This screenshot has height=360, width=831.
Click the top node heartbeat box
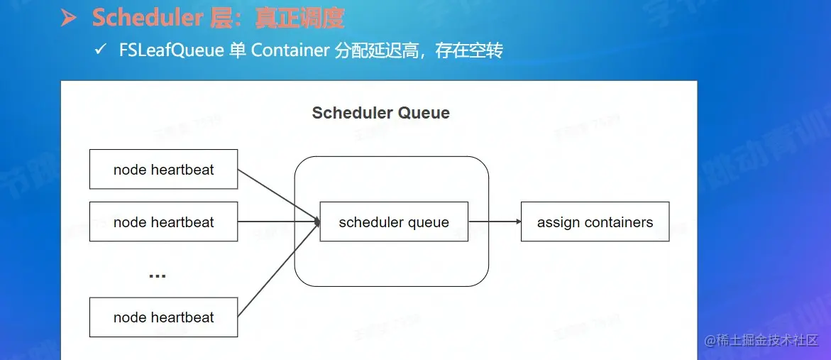(163, 169)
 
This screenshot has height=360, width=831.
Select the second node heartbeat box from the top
(163, 222)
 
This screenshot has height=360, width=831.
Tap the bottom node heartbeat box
(163, 317)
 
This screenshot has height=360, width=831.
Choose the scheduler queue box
(394, 222)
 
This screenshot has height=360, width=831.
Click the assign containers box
(595, 222)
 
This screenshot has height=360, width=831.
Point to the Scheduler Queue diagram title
(380, 113)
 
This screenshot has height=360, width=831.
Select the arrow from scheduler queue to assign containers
(495, 222)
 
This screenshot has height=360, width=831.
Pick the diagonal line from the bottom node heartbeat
(277, 270)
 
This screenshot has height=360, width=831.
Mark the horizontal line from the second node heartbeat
(277, 222)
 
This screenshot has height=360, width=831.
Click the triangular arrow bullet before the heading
(68, 18)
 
